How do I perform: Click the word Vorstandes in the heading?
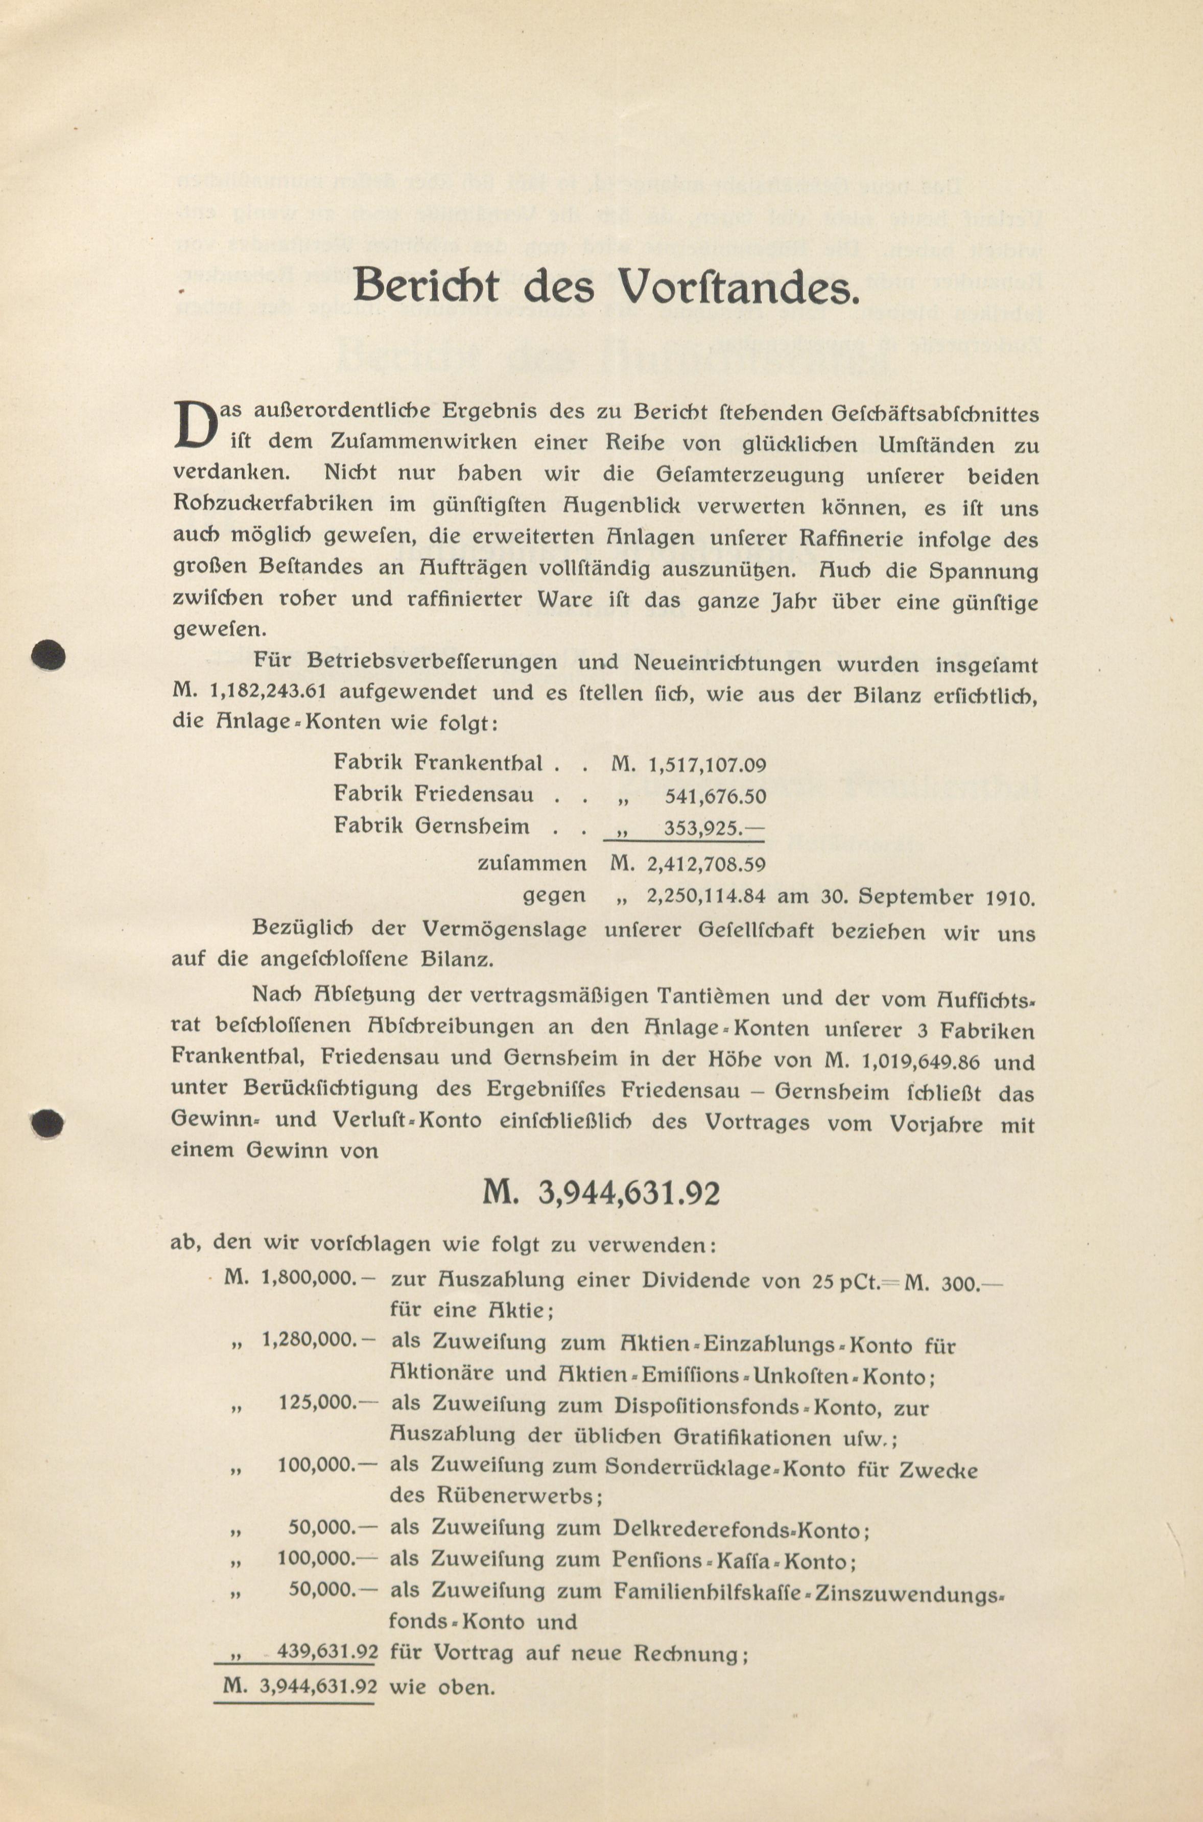coord(737,287)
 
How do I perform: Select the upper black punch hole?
coord(48,656)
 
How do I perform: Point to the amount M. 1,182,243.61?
coord(250,692)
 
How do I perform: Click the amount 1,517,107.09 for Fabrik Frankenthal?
coord(706,764)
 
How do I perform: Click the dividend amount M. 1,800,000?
coord(299,1279)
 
